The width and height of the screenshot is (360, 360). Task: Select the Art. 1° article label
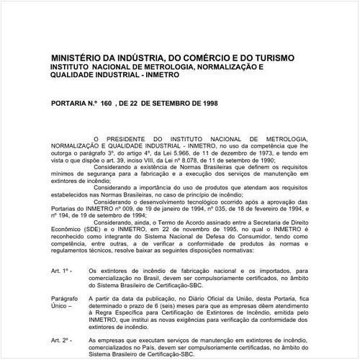pyautogui.click(x=60, y=271)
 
